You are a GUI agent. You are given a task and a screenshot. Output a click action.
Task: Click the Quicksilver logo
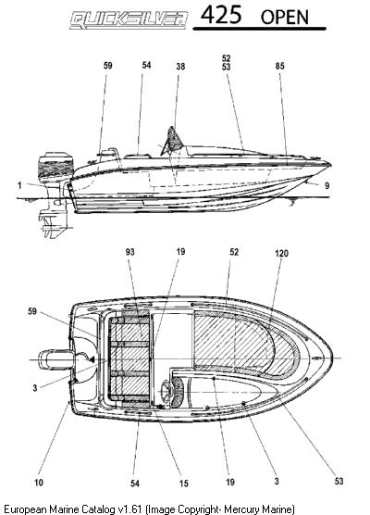coord(129,20)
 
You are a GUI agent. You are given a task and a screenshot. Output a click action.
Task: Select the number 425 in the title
coord(221,15)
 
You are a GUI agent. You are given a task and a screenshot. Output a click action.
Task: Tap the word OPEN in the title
coord(284,18)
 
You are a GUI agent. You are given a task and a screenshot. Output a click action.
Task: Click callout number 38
coord(180,67)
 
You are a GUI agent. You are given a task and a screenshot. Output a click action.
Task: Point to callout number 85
coord(279,66)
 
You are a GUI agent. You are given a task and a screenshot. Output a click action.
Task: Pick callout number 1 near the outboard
coord(19,185)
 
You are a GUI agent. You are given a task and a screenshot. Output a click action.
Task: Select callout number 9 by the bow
coord(327,186)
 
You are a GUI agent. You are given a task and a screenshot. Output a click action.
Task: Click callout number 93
coord(129,252)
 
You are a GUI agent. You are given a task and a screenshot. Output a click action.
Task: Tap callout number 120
coord(281,253)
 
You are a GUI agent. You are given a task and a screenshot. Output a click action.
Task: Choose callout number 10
coord(39,483)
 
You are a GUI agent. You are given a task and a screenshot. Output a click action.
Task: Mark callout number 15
coord(183,484)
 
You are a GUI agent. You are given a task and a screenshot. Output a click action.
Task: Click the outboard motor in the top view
coord(55,360)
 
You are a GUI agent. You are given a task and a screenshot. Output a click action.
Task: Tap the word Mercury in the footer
coord(240,509)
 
